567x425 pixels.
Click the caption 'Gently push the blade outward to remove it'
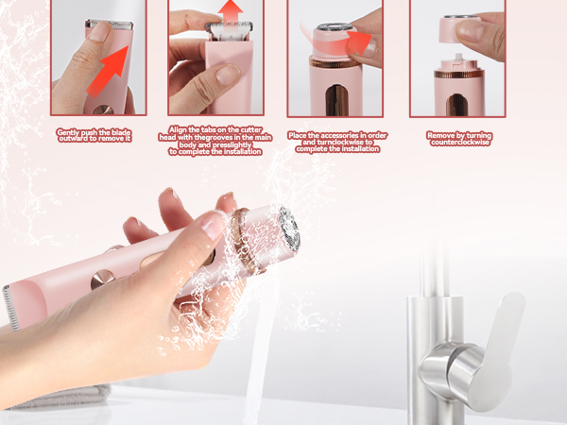94,135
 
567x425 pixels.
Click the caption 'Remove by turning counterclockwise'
458,137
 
